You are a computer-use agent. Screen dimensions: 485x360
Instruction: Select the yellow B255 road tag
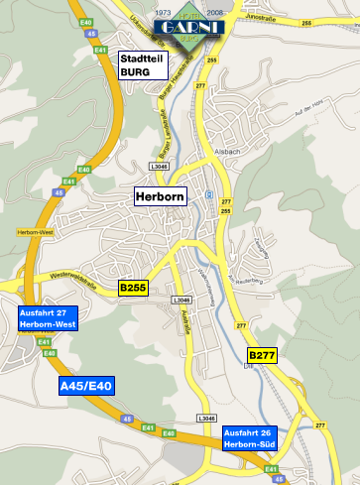click(133, 288)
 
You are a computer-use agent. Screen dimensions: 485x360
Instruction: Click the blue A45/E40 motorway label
click(86, 386)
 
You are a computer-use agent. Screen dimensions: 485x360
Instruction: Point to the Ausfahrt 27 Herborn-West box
click(47, 318)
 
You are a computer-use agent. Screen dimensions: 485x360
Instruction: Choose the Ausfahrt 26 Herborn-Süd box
click(249, 438)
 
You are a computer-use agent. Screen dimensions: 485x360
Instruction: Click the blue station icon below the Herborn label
click(209, 194)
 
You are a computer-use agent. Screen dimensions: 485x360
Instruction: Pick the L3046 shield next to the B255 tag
click(180, 300)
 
